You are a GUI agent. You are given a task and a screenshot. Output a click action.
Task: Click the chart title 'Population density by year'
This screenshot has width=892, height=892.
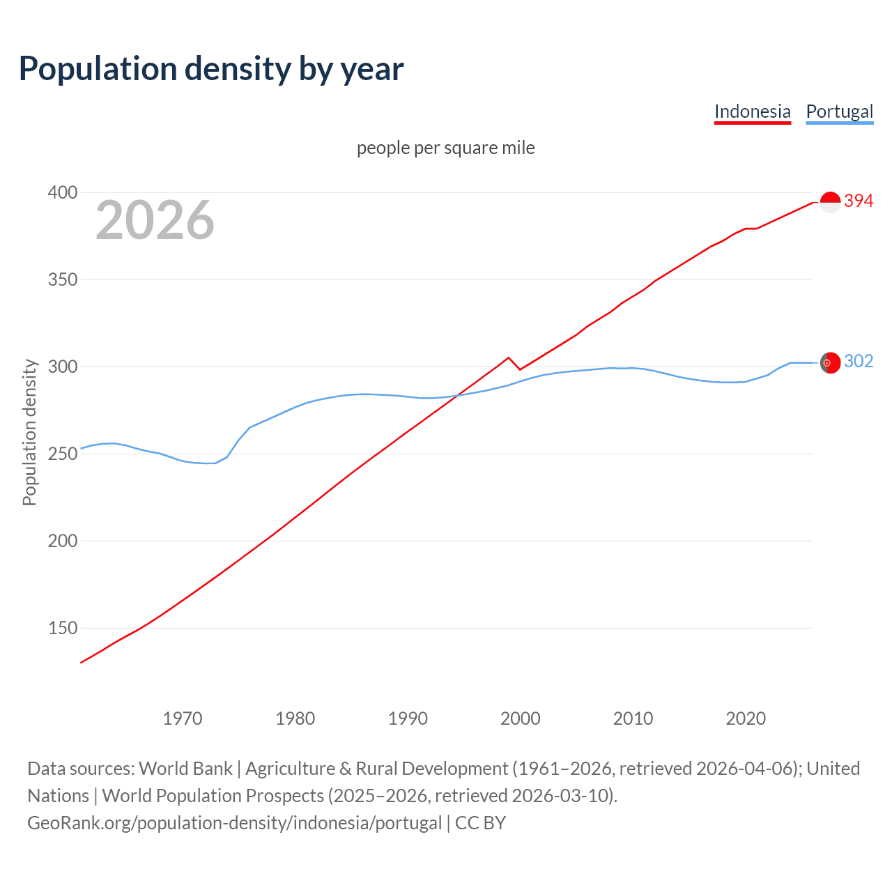tap(211, 69)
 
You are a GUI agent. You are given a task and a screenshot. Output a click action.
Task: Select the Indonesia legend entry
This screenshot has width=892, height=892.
tap(752, 111)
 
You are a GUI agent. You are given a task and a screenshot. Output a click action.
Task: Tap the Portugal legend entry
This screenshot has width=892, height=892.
tap(839, 111)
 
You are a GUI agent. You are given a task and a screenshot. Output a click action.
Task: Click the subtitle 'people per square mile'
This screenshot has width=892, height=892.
tap(445, 148)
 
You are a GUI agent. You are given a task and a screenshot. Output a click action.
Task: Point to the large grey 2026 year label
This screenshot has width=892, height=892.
tap(155, 220)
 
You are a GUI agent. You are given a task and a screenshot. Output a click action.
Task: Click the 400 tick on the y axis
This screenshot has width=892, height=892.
tap(62, 192)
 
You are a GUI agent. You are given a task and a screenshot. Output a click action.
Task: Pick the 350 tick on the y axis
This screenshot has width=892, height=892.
tap(62, 279)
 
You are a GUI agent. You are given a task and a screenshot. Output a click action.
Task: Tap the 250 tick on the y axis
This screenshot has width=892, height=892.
tap(62, 454)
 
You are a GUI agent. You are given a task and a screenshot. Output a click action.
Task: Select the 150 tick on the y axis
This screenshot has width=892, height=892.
tap(62, 628)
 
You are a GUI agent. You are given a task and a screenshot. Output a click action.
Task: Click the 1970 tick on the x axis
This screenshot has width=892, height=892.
tap(183, 718)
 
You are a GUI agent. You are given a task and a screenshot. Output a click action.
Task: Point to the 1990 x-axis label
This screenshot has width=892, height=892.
tap(408, 718)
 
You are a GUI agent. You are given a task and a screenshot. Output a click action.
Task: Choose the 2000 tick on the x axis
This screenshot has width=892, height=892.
tap(520, 718)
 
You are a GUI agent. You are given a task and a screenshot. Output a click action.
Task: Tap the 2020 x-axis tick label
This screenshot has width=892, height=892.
tap(746, 718)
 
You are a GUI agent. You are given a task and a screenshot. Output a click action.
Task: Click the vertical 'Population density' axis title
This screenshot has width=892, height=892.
tap(29, 432)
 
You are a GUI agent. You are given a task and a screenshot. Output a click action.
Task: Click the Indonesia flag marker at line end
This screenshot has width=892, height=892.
tap(830, 202)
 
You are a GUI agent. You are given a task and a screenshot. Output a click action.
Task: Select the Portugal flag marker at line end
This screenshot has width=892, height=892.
tap(830, 363)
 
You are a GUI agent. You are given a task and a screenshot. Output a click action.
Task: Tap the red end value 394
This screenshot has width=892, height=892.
tap(859, 201)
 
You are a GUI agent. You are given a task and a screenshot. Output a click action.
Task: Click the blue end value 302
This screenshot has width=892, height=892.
tap(859, 361)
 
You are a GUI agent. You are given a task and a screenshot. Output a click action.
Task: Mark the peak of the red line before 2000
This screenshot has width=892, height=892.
tap(509, 357)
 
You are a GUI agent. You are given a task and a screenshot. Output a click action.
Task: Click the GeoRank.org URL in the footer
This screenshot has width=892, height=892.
tap(234, 823)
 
